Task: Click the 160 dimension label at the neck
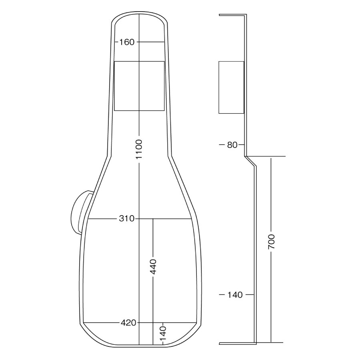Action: [x=126, y=42]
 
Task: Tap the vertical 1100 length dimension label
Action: [x=139, y=149]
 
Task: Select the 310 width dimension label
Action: [x=126, y=218]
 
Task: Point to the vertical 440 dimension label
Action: [x=153, y=266]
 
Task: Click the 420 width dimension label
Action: [x=128, y=323]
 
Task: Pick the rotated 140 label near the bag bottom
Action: [x=163, y=334]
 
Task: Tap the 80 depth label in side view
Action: [x=232, y=145]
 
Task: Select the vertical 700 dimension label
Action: [x=271, y=242]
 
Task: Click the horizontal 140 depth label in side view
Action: [x=235, y=294]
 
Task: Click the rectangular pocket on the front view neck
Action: [x=139, y=86]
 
